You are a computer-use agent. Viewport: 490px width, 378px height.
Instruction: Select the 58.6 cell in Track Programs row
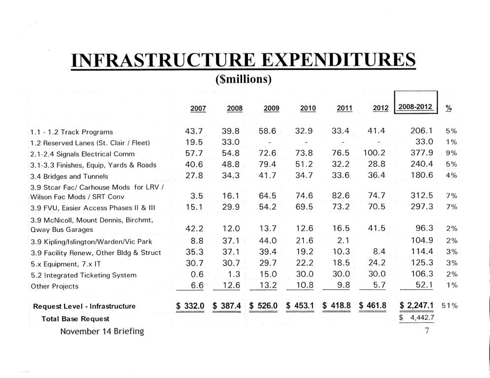tap(270, 131)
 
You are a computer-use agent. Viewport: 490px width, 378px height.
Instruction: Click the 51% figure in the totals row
tap(449, 306)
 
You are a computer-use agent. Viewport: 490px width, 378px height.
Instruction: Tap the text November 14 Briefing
tap(102, 331)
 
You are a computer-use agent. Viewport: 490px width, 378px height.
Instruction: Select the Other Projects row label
tap(54, 286)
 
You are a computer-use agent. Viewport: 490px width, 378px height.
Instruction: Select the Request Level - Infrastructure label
tap(84, 306)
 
